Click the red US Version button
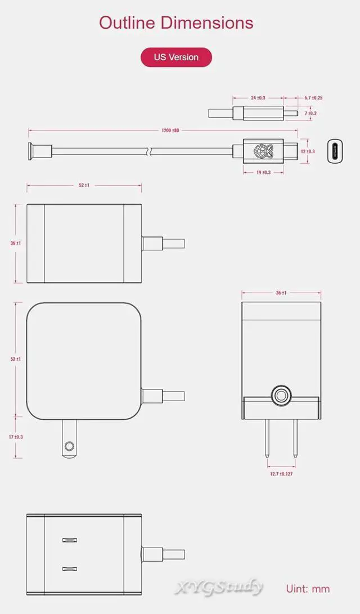(176, 57)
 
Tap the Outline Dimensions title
(176, 23)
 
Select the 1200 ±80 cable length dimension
(170, 131)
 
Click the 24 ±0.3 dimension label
(258, 98)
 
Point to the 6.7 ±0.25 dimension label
(313, 98)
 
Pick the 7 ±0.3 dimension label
(310, 114)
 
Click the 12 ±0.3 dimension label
(308, 151)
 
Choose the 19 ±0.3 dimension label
(263, 172)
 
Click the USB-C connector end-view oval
(335, 151)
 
